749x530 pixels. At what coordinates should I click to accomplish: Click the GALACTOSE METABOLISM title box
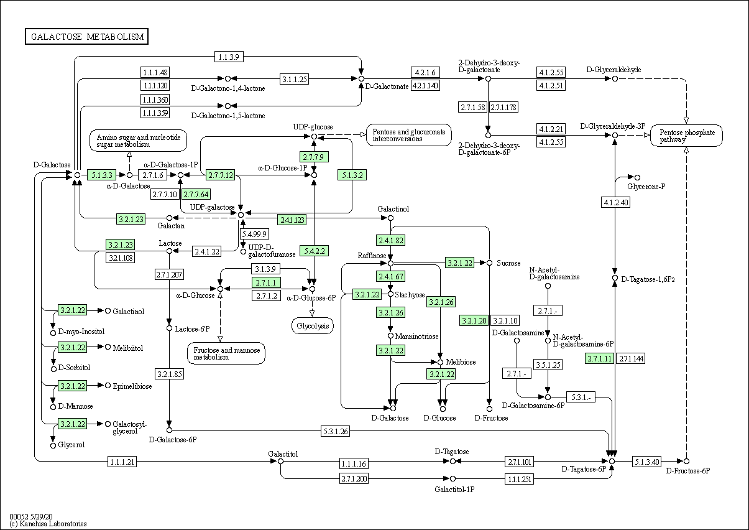86,37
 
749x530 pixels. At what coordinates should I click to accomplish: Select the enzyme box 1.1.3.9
229,57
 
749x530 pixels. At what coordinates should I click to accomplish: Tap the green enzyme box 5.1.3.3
102,175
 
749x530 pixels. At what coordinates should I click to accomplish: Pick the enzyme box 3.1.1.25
294,79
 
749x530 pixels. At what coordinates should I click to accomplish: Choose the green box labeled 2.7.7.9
314,157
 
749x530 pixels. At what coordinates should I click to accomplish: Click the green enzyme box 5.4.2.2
314,251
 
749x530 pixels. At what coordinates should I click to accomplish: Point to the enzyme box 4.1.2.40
615,202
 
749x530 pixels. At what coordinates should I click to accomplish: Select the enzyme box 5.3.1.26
336,431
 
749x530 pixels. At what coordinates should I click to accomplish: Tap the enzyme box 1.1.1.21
122,462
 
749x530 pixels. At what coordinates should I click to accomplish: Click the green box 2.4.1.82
390,240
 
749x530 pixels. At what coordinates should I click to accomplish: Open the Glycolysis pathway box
313,325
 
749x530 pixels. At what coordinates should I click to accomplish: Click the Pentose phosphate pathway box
686,136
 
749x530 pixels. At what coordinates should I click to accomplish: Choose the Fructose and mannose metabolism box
226,353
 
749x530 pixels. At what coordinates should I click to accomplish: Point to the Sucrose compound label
508,263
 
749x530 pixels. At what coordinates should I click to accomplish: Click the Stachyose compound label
410,295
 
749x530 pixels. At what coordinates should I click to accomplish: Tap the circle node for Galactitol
280,462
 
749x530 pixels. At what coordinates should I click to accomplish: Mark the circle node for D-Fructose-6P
686,462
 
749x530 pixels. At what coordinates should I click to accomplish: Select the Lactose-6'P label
192,329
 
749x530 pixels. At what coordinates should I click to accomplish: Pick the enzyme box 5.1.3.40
646,462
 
